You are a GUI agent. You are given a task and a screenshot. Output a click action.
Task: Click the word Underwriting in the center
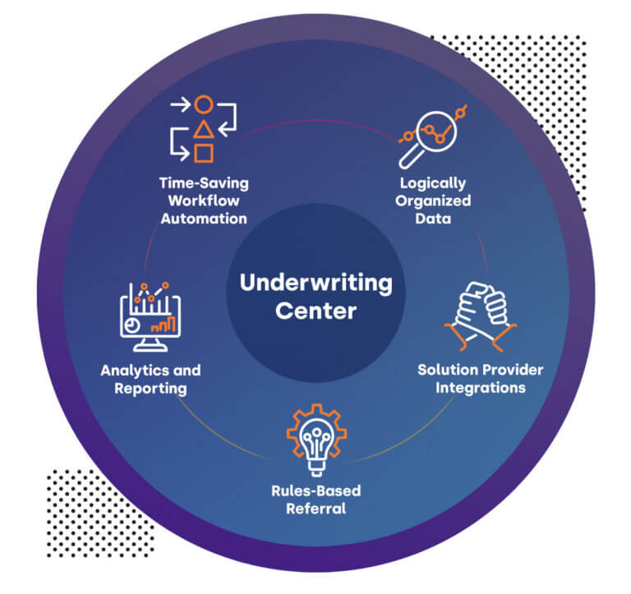click(315, 283)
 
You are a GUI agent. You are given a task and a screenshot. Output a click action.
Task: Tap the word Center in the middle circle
click(315, 311)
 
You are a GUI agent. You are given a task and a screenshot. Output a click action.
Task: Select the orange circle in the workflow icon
click(204, 105)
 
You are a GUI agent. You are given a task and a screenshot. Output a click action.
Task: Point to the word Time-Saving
click(204, 182)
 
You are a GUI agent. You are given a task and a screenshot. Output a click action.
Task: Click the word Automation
click(204, 219)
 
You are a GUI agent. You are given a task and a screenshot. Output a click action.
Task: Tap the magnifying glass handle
click(408, 158)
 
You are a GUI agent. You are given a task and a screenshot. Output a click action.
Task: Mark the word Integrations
click(481, 387)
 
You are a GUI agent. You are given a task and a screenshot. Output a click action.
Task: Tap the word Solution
click(447, 369)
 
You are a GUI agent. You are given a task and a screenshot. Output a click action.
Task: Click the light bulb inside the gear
click(315, 440)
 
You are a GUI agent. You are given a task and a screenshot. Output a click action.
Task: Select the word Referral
click(315, 509)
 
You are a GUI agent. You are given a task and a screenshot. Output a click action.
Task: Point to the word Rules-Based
click(315, 490)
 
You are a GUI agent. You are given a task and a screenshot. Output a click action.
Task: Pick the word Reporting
click(151, 388)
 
